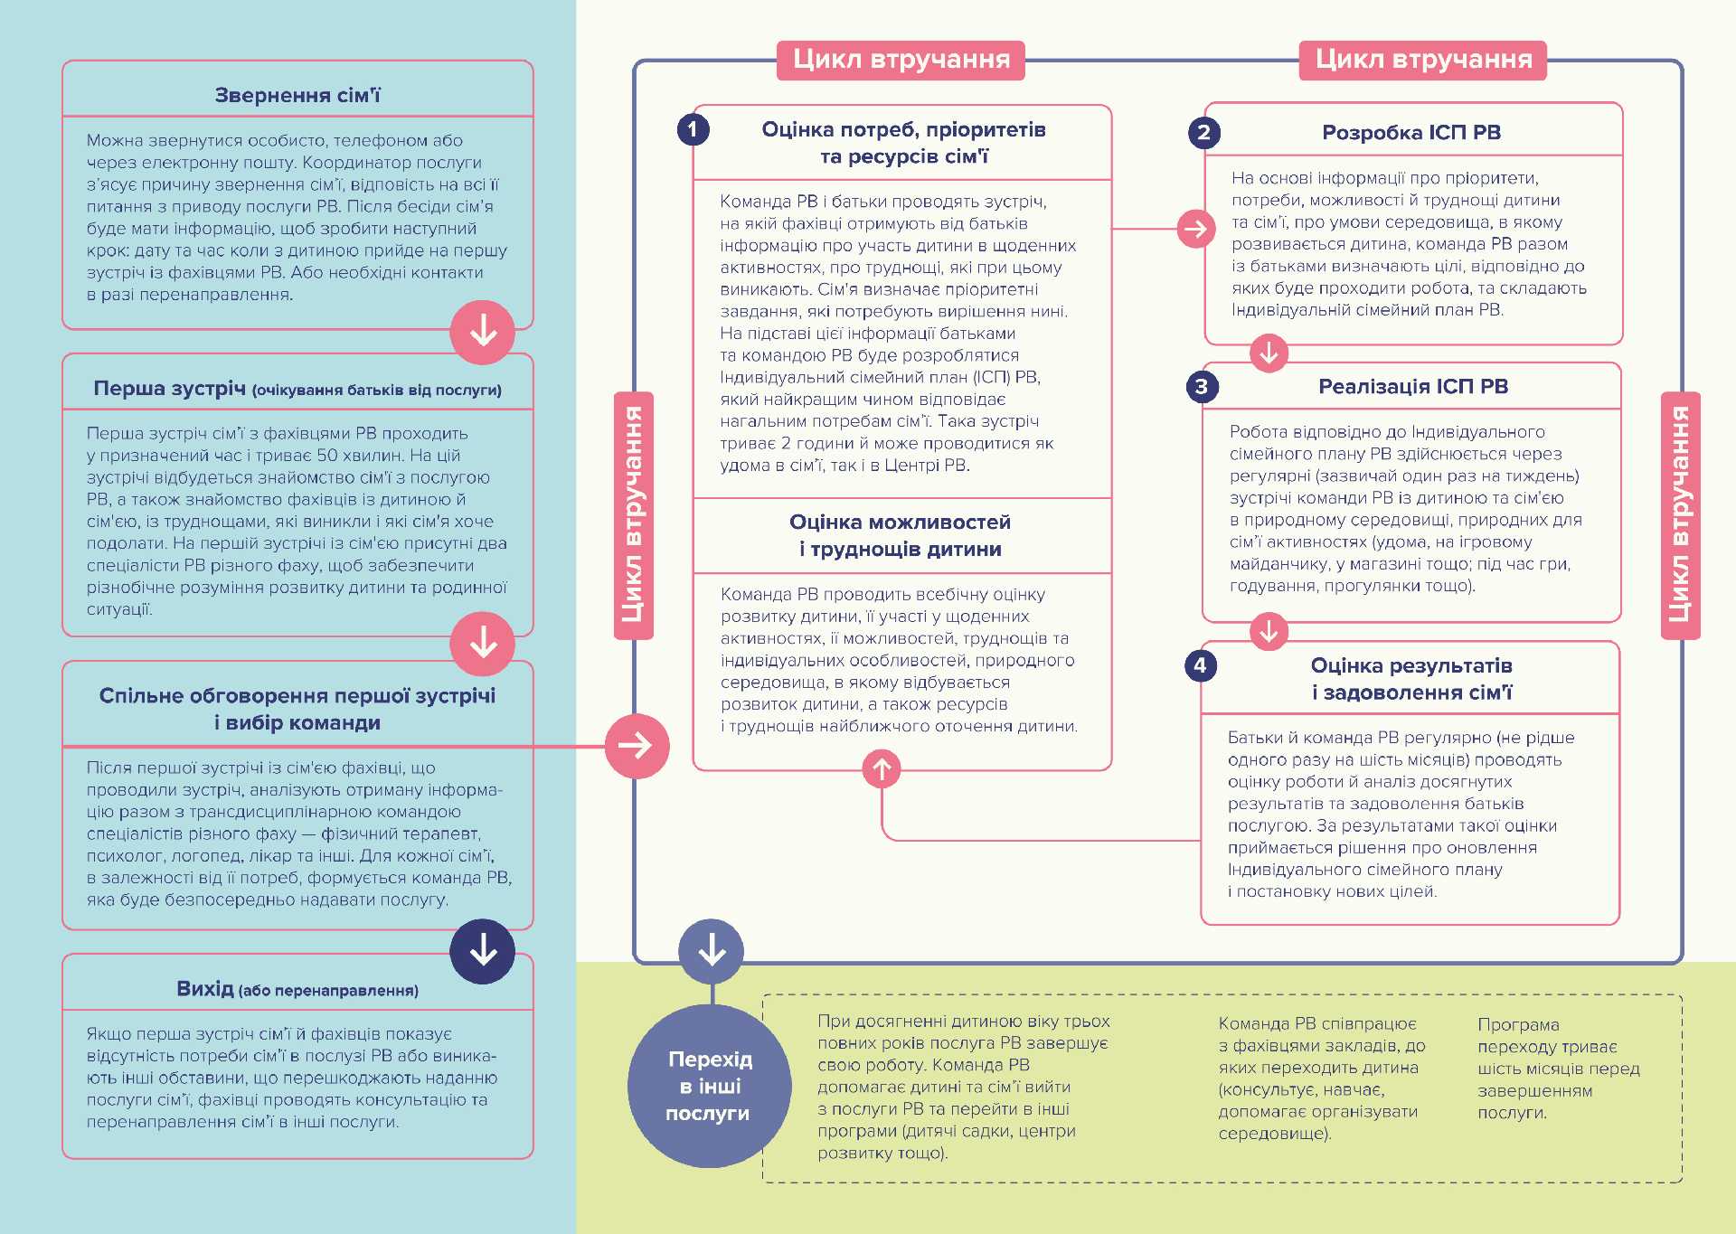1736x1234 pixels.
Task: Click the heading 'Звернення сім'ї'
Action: [297, 95]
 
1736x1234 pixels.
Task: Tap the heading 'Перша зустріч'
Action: [170, 389]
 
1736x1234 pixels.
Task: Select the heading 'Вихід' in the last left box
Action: [205, 989]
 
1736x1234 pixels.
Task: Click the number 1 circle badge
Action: [693, 129]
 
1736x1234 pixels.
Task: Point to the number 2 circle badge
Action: [1203, 133]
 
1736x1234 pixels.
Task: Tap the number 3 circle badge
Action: [1202, 387]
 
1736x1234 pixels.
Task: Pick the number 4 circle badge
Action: [1200, 665]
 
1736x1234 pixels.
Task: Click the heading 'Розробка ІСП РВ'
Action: [1411, 133]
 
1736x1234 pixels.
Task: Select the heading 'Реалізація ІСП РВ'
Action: [1412, 387]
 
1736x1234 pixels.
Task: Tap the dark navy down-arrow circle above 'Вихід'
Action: [483, 951]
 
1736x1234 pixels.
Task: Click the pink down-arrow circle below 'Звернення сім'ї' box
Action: [483, 332]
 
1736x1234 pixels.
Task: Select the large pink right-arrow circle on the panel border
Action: [637, 746]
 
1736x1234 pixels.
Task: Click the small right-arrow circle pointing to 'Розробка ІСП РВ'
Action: [1195, 229]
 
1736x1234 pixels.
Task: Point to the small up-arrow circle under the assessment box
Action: [882, 769]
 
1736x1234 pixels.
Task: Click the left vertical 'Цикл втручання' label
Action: [633, 515]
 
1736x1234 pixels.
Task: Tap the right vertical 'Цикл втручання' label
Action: [1680, 515]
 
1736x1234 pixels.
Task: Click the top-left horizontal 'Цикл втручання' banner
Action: [901, 60]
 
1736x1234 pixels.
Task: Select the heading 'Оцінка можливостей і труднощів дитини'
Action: [901, 535]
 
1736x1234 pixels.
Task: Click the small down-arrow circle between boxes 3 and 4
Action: [1269, 631]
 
